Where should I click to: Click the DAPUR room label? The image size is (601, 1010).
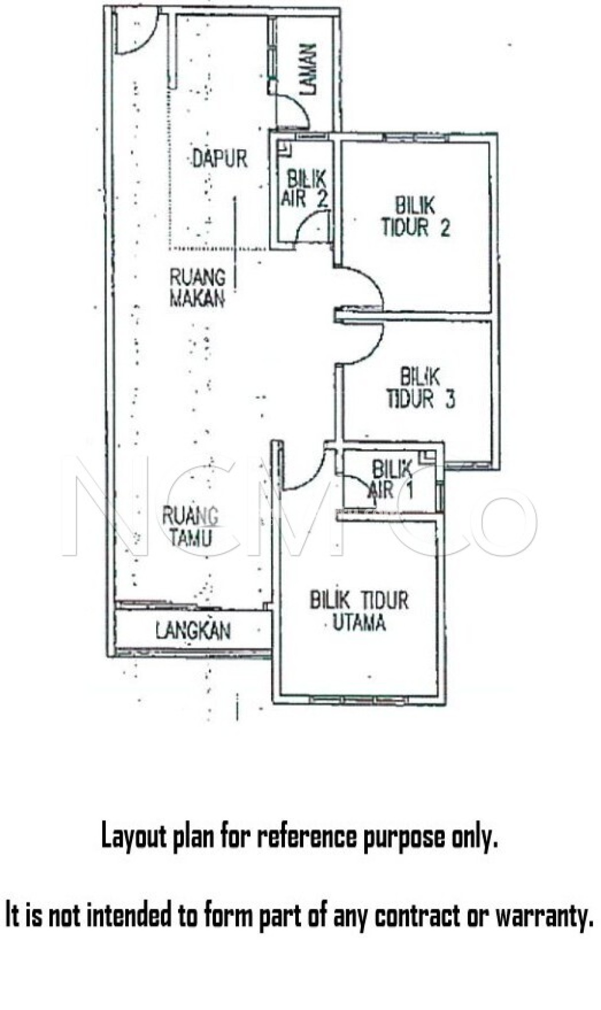click(x=219, y=159)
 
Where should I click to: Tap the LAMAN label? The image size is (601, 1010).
click(x=309, y=69)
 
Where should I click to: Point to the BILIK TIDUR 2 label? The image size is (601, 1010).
click(x=416, y=217)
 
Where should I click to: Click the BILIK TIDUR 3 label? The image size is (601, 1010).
click(x=421, y=389)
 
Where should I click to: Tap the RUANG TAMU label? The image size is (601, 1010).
click(x=190, y=527)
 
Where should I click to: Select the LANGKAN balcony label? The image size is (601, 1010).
click(x=193, y=631)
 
